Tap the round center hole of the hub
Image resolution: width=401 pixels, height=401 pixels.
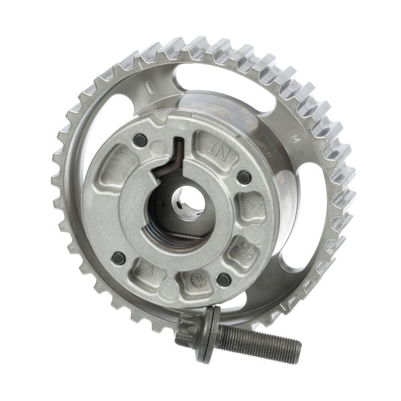(x=188, y=198)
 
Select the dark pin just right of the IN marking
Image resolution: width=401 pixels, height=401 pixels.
(x=244, y=177)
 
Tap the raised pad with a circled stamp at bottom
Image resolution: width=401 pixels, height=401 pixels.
(x=198, y=279)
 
